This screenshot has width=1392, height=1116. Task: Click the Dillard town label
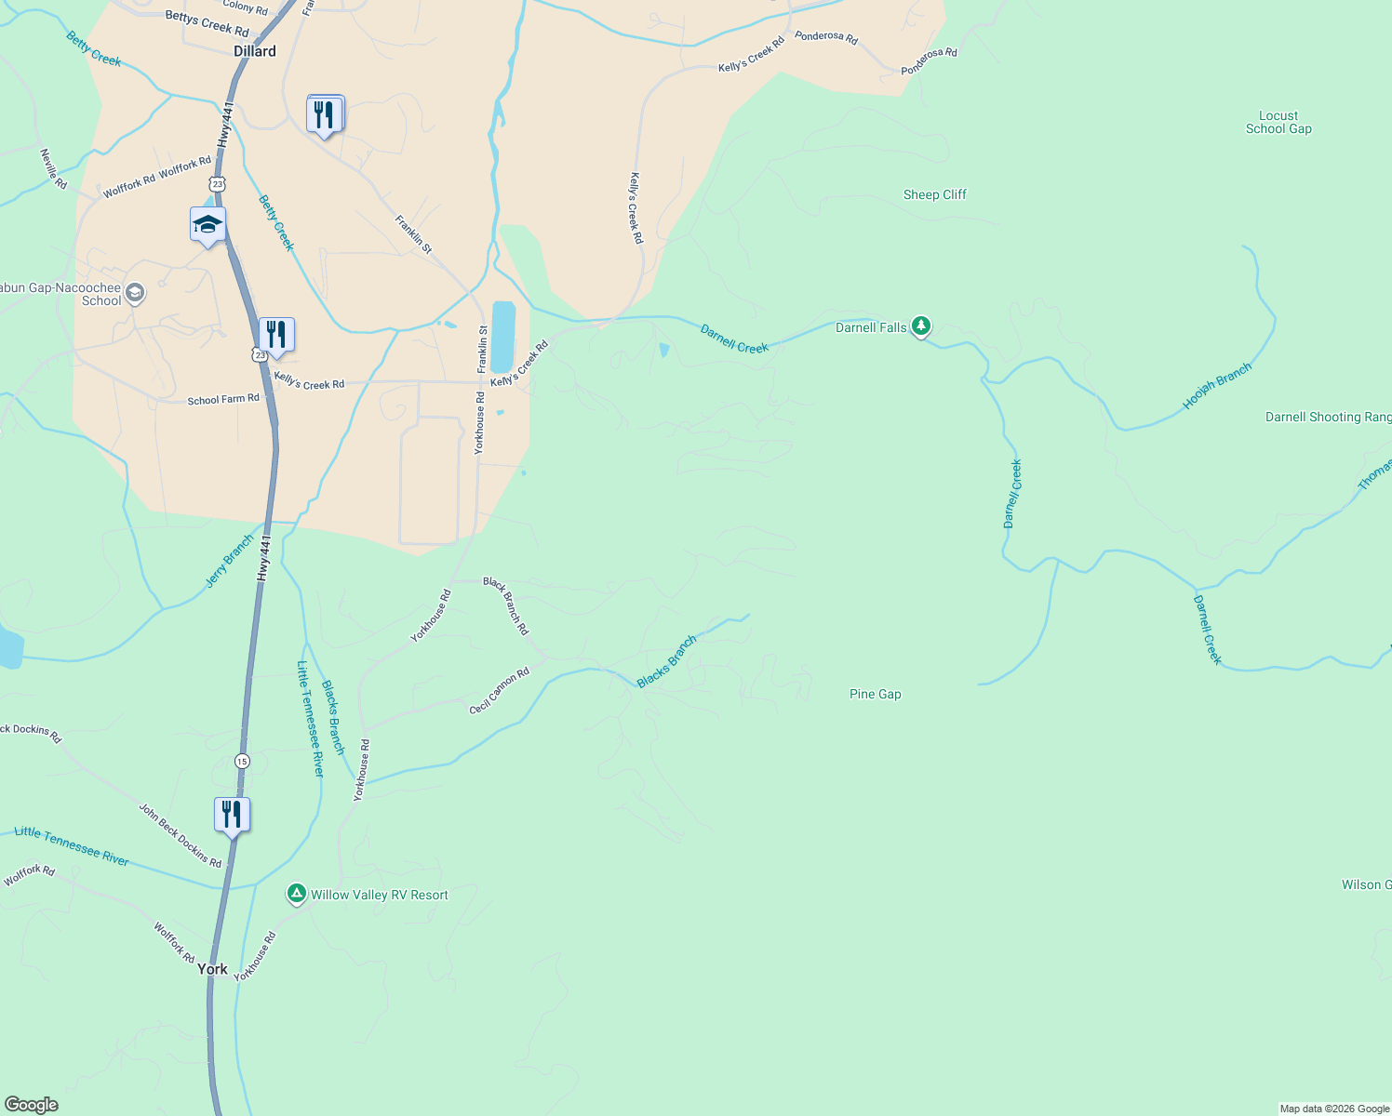255,51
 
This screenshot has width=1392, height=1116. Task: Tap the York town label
212,969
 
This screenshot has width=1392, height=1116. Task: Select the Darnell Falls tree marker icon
921,325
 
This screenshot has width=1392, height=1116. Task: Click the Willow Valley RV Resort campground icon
296,894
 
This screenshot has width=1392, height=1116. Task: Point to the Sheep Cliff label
934,194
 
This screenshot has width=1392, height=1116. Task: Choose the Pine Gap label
875,694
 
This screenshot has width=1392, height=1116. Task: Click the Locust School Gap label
1278,123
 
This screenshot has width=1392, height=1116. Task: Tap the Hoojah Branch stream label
1216,387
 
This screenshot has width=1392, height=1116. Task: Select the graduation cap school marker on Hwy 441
207,225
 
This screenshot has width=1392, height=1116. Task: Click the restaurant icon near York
232,815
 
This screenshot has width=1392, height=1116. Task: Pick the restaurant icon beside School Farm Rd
276,335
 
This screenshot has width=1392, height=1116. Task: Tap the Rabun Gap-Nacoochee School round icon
135,294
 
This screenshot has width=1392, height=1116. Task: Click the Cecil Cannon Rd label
499,691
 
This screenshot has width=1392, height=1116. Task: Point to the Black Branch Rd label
505,605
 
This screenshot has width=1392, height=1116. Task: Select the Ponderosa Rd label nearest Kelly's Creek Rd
825,37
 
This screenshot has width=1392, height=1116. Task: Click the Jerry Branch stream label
229,561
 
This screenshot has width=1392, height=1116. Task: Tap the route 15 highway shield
242,761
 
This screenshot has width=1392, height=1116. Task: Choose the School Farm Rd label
223,400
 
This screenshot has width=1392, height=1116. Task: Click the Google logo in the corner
32,1105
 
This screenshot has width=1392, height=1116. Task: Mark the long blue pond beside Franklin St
502,337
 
